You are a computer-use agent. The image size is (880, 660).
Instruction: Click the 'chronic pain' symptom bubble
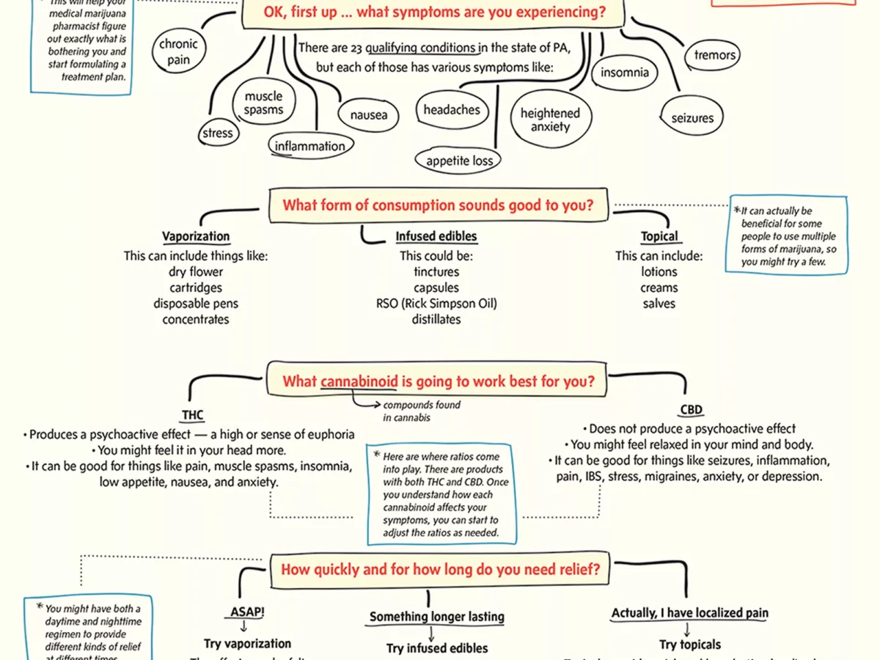coord(178,52)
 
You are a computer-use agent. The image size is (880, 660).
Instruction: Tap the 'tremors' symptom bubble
coord(714,55)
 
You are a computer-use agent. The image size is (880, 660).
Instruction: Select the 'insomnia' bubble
coord(624,73)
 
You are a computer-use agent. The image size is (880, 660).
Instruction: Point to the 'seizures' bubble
coord(692,118)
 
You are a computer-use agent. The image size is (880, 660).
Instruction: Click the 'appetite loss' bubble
coord(459,161)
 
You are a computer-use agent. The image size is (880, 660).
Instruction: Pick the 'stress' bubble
coord(217,133)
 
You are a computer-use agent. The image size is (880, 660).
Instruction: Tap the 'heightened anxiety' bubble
coord(550,120)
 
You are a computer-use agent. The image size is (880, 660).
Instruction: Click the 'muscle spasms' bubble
coord(263,103)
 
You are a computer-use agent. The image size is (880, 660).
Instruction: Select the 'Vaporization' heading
coord(196,237)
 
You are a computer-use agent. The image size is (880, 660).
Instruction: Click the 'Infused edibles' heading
coord(436,237)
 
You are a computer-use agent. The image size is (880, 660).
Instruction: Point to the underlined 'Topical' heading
coord(659,237)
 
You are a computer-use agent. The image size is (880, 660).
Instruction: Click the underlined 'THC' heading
coord(193,415)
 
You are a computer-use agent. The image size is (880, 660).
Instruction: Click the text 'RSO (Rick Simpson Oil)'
coord(436,304)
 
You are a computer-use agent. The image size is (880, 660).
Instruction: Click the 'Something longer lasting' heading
coord(436,617)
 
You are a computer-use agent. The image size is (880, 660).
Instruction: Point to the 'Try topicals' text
coord(689,645)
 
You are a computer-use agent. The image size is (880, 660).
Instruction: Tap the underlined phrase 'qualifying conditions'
coord(422,48)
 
